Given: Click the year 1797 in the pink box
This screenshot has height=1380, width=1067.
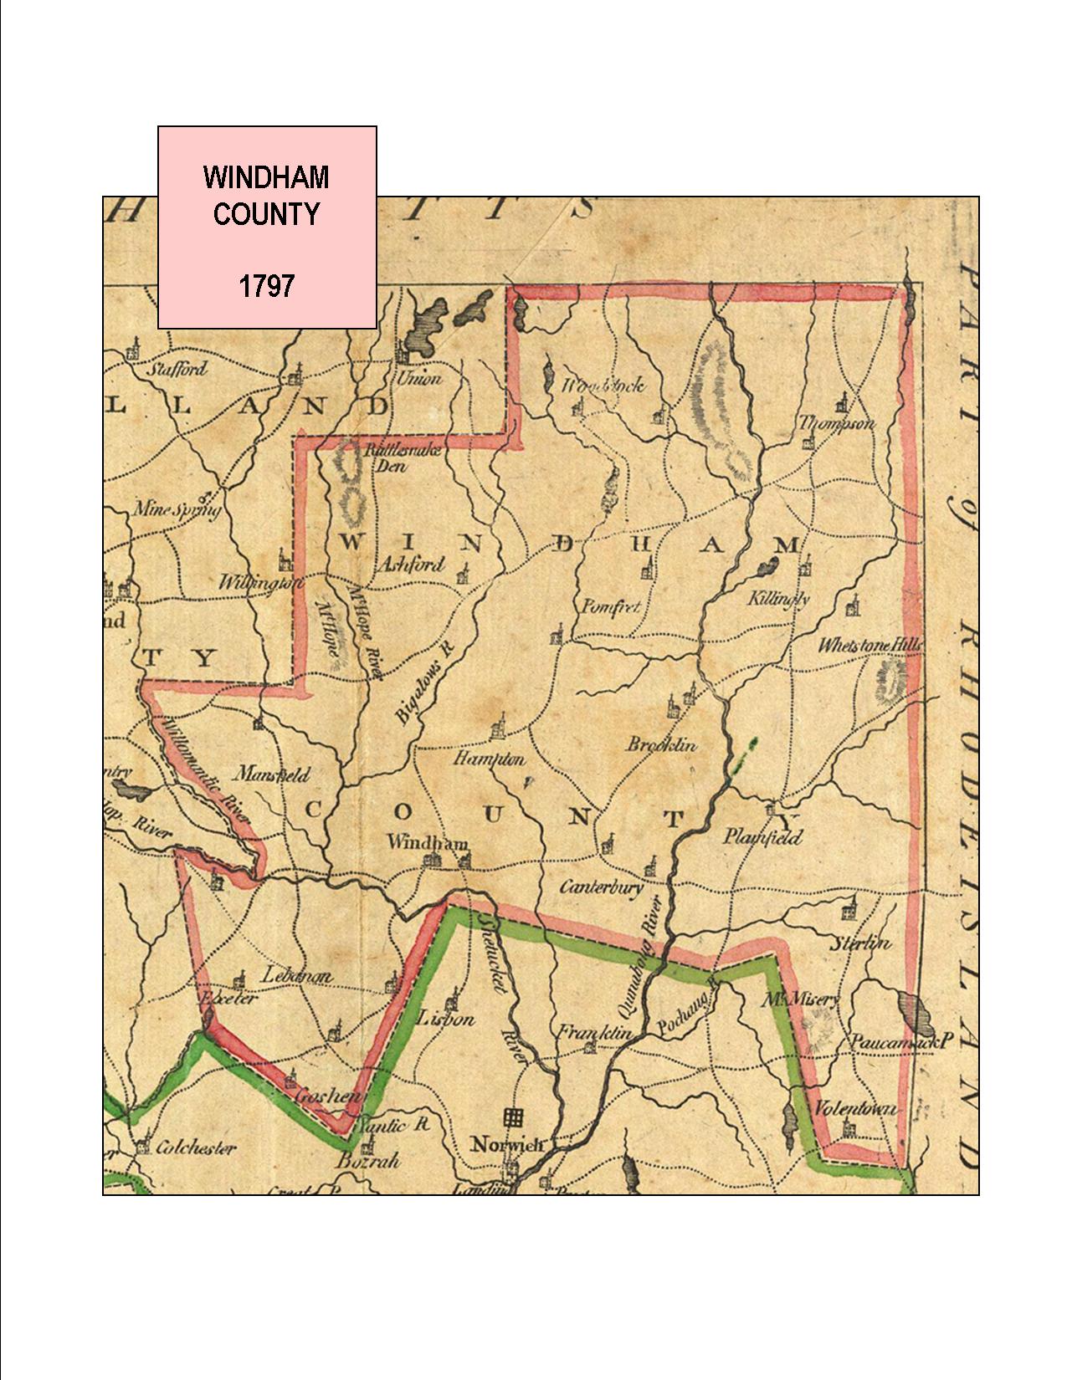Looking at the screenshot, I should pos(266,287).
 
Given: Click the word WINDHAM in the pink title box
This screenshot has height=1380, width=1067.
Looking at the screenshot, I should pos(266,177).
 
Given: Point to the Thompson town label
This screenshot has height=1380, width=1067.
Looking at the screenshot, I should pos(836,423).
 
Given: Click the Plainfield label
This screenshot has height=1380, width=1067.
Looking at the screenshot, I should pos(762,836).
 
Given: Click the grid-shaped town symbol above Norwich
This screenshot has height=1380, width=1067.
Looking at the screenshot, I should pos(513,1117).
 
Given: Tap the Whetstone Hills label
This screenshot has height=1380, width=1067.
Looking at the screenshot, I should pos(870,646).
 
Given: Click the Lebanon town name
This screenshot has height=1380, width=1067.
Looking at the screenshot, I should pos(298,975).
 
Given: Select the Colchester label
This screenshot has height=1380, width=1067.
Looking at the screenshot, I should pos(197,1148).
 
